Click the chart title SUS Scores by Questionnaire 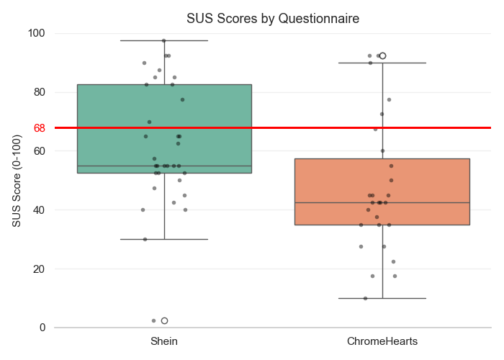click(273, 19)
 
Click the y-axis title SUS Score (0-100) click(17, 180)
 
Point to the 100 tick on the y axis click(37, 33)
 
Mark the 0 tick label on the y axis click(42, 328)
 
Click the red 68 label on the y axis click(39, 128)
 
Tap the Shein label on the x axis click(164, 341)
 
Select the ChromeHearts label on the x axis click(382, 341)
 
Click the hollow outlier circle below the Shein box click(165, 320)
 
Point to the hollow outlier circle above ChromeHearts click(383, 55)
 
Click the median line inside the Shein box click(164, 166)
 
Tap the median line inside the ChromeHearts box click(382, 202)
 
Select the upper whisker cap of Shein click(164, 40)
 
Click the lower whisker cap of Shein click(164, 239)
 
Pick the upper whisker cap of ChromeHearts click(382, 63)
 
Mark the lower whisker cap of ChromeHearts click(382, 298)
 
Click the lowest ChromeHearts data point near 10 click(365, 298)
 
